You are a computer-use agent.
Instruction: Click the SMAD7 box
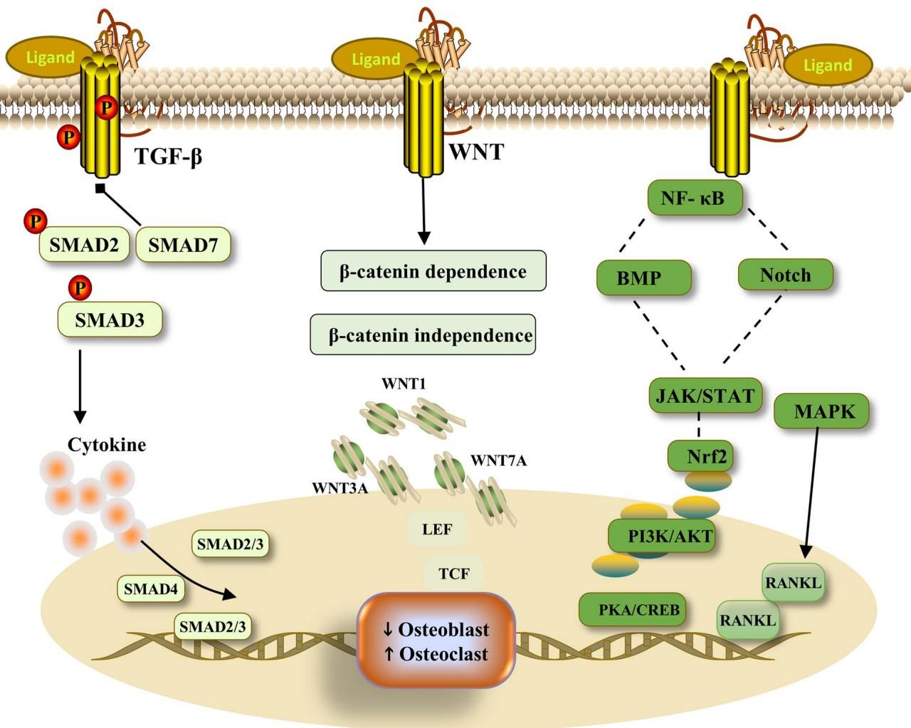pyautogui.click(x=183, y=246)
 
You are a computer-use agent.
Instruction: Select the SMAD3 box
pyautogui.click(x=110, y=320)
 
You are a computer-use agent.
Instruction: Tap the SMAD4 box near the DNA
pyautogui.click(x=150, y=589)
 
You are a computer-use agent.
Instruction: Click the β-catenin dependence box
pyautogui.click(x=433, y=271)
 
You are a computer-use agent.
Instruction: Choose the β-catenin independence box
pyautogui.click(x=423, y=335)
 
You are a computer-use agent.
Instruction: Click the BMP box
pyautogui.click(x=643, y=278)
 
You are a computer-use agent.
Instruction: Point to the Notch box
pyautogui.click(x=785, y=275)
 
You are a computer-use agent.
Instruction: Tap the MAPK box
pyautogui.click(x=824, y=411)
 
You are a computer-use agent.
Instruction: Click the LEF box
pyautogui.click(x=436, y=529)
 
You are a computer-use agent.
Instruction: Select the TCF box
pyautogui.click(x=453, y=573)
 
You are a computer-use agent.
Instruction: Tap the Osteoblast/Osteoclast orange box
pyautogui.click(x=436, y=641)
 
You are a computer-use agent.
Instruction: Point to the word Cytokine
pyautogui.click(x=107, y=445)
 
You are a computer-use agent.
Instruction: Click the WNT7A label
pyautogui.click(x=498, y=460)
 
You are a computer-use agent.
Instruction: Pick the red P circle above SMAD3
pyautogui.click(x=80, y=287)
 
